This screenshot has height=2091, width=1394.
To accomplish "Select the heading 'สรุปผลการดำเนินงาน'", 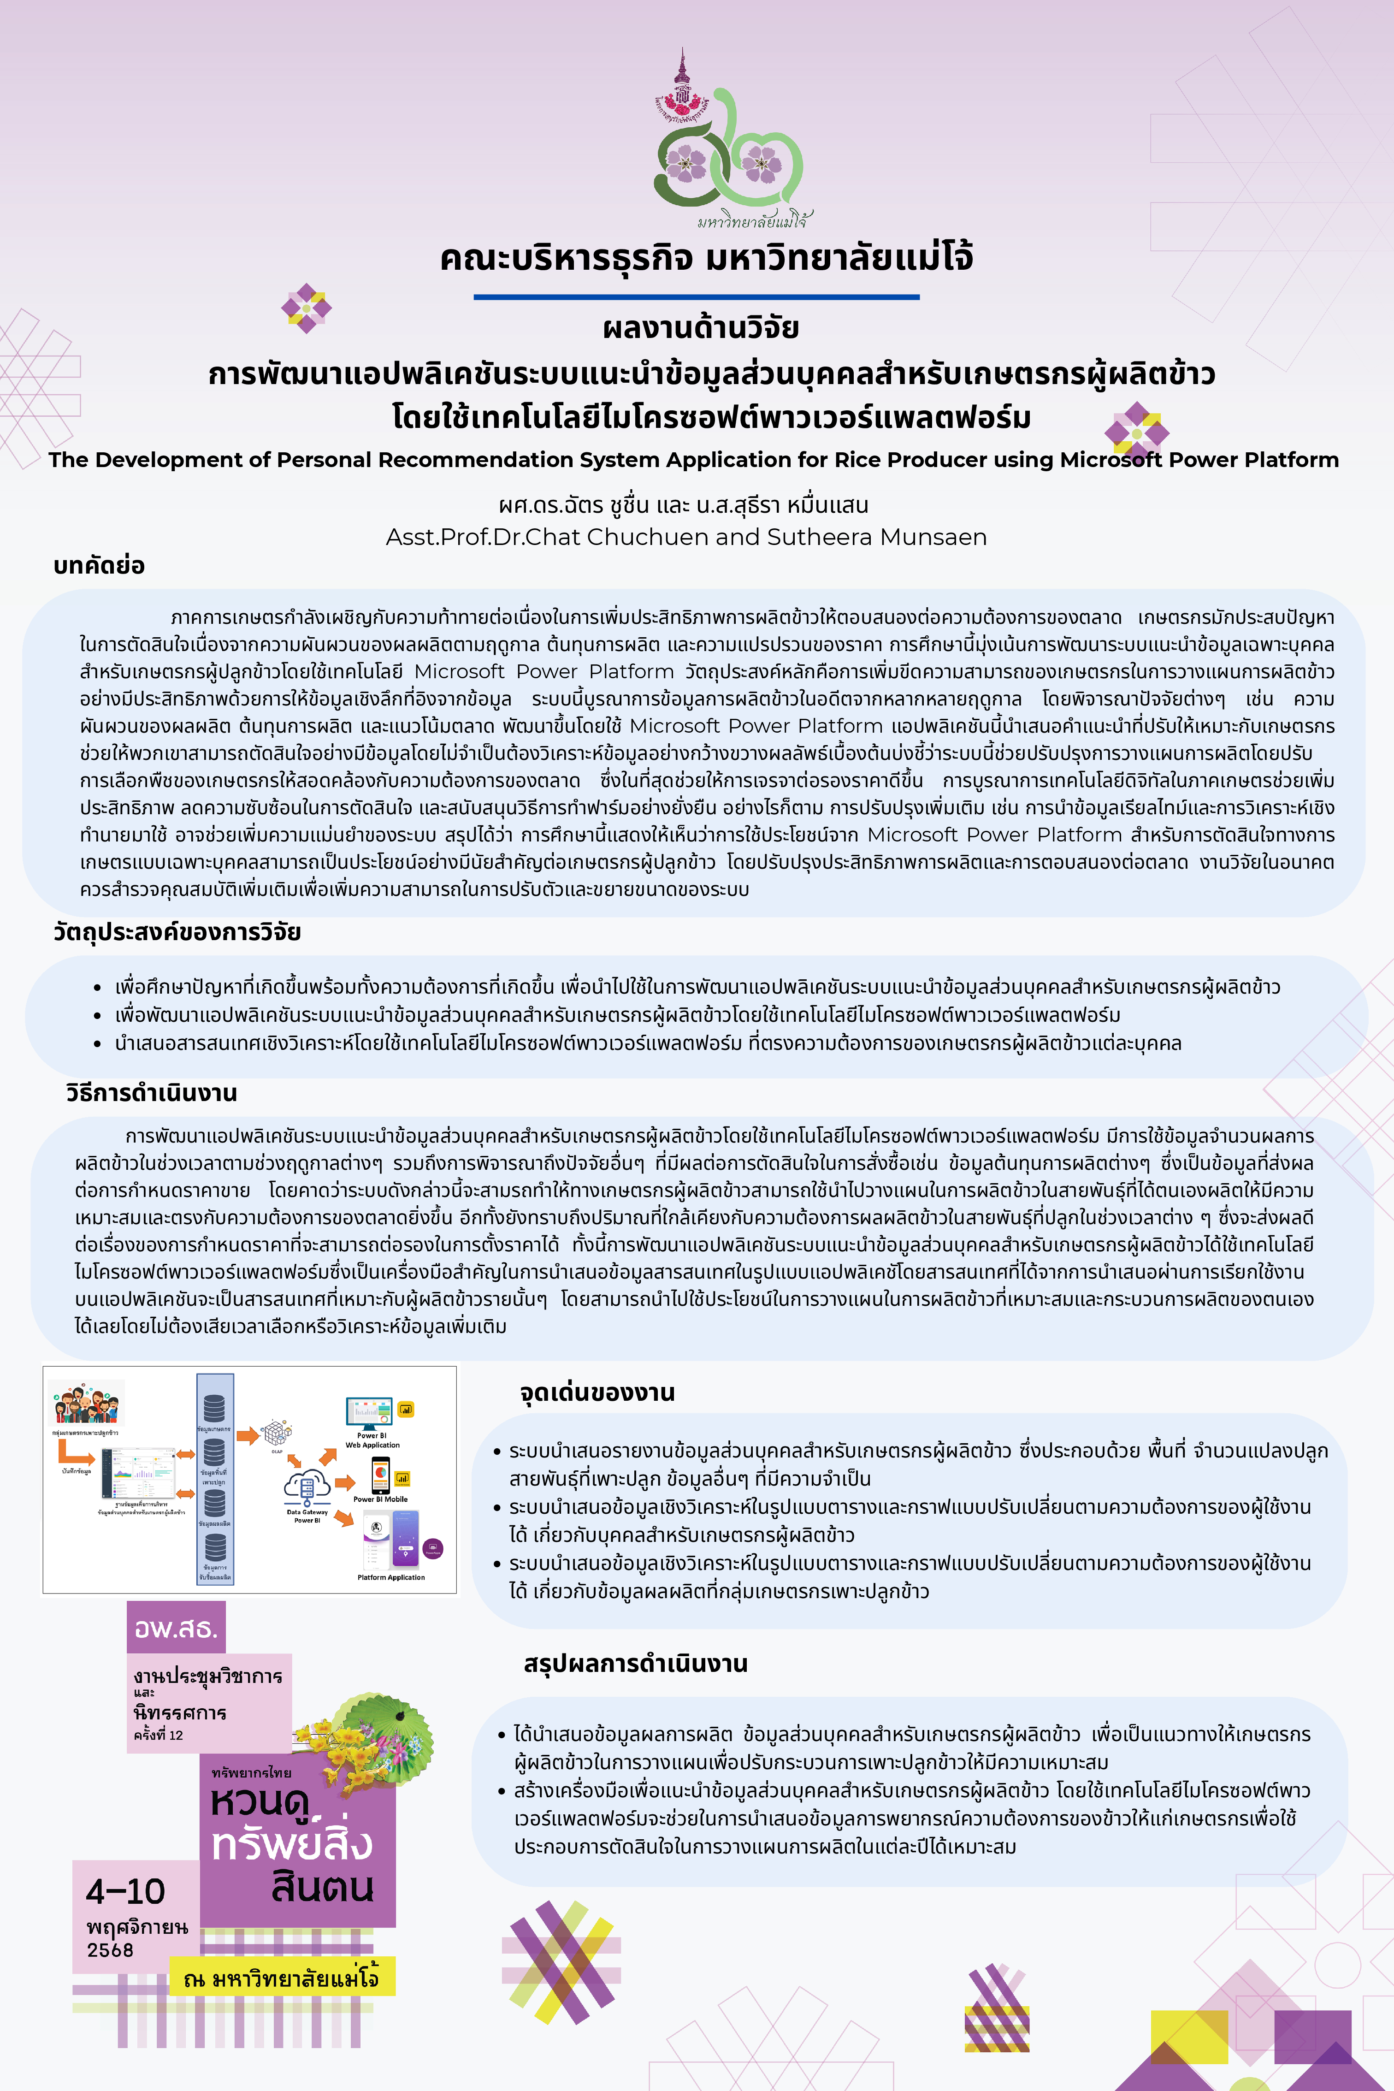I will pos(636,1664).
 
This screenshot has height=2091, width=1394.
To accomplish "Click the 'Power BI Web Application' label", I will pos(372,1440).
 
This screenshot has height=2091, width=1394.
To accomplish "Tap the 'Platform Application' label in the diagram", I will pos(391,1577).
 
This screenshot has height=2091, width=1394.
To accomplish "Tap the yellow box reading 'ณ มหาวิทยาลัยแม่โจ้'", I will pos(282,1979).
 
